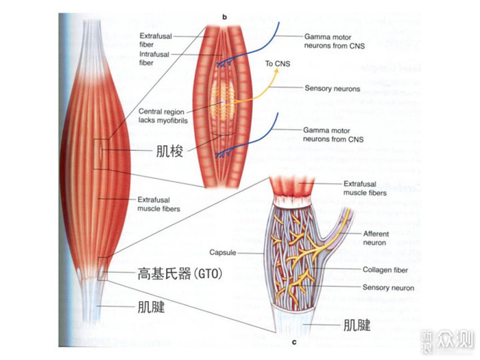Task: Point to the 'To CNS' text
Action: (x=278, y=64)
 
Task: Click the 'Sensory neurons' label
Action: (x=332, y=88)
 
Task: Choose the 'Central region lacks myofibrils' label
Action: (x=163, y=116)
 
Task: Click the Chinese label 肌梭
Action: (x=169, y=152)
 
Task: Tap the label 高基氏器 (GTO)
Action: (x=180, y=276)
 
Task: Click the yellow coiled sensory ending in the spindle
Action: (x=220, y=99)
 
